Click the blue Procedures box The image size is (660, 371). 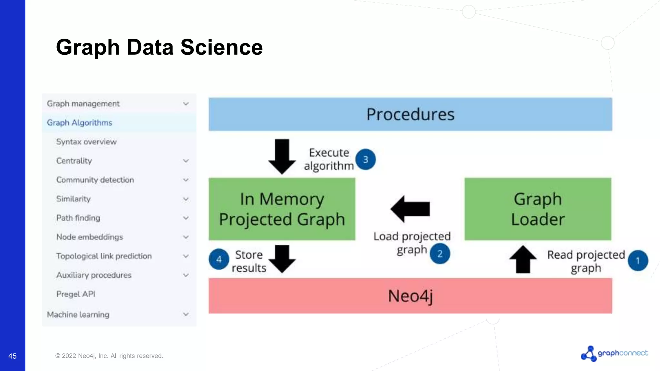tap(410, 114)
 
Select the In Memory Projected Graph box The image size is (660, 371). tap(282, 209)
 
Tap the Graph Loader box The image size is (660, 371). tap(538, 209)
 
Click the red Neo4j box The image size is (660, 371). tap(410, 296)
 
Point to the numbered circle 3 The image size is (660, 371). tap(365, 159)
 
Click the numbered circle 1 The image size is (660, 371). tap(638, 261)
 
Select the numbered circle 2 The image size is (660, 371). tap(440, 254)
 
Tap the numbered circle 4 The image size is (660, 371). tap(219, 259)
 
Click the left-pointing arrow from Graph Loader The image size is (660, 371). tap(410, 209)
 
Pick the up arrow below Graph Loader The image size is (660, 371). tap(523, 259)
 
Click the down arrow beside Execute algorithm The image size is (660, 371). tap(282, 157)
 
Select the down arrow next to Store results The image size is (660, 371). tap(282, 259)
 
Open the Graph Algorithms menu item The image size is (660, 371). tap(80, 123)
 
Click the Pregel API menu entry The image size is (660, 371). tap(76, 294)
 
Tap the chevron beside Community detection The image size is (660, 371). tap(186, 180)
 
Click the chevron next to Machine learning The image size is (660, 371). tap(186, 314)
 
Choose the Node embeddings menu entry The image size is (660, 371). tap(90, 237)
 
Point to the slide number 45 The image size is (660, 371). tap(12, 356)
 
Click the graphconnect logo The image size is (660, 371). tap(614, 353)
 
